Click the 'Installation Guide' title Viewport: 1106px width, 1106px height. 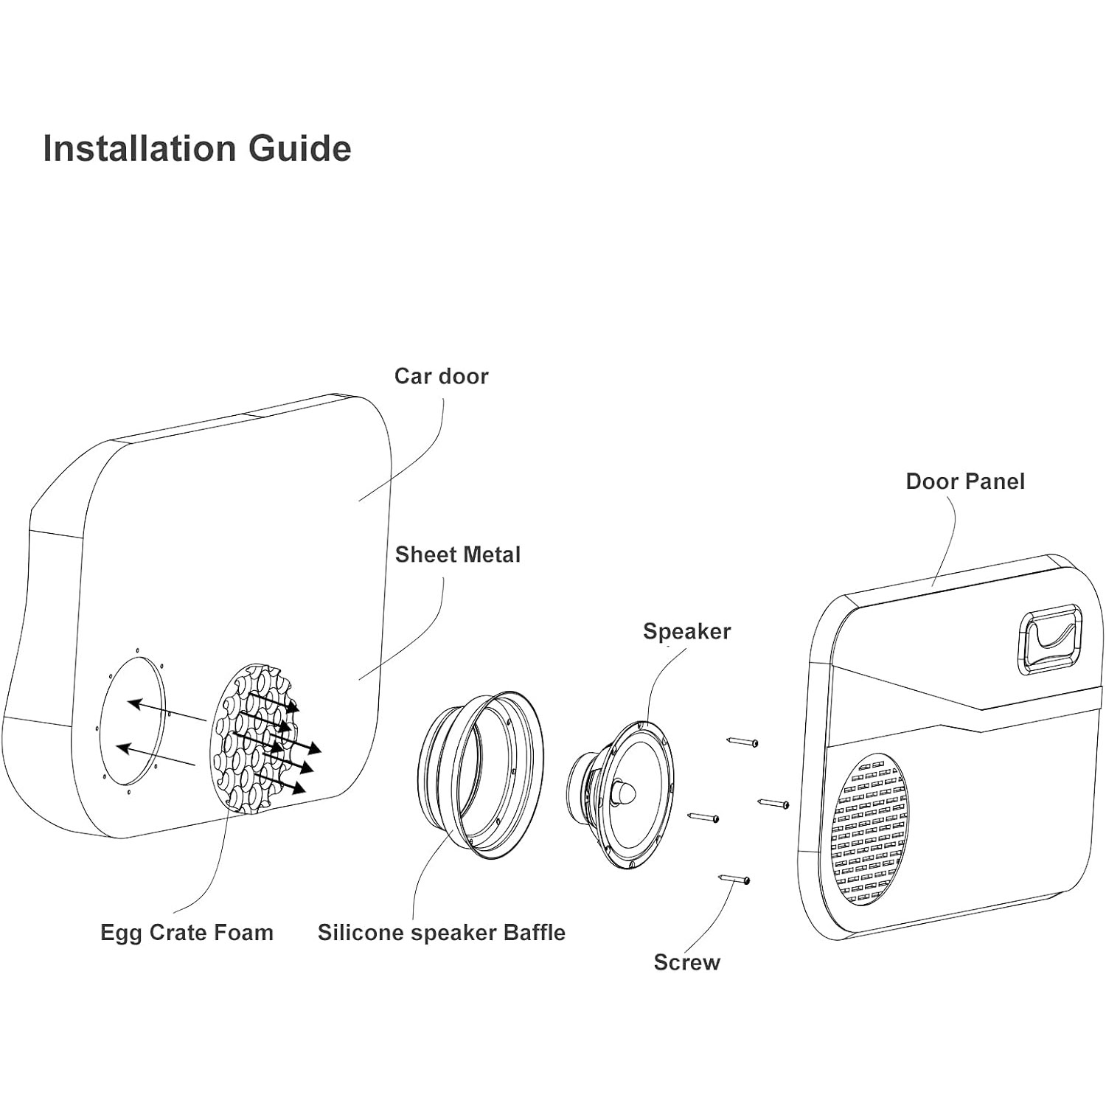[197, 148]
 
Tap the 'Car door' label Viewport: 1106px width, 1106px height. [441, 376]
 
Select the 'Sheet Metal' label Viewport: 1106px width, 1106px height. [457, 554]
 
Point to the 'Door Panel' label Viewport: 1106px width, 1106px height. [964, 481]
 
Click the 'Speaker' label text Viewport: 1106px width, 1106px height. [686, 631]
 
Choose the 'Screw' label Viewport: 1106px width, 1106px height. [686, 962]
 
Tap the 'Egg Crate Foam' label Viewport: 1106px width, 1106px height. [187, 933]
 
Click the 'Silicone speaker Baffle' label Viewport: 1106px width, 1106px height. [441, 933]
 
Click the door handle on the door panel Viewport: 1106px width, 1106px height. [1050, 639]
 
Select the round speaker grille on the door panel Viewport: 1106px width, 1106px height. [870, 829]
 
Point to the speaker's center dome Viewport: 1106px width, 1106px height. [624, 793]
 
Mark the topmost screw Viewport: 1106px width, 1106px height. [742, 742]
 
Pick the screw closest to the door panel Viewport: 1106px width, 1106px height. [773, 803]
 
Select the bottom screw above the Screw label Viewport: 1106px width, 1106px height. [734, 878]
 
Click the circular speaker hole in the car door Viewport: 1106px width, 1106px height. [133, 721]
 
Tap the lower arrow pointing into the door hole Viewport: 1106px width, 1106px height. [156, 757]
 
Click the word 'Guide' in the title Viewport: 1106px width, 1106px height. [299, 148]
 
